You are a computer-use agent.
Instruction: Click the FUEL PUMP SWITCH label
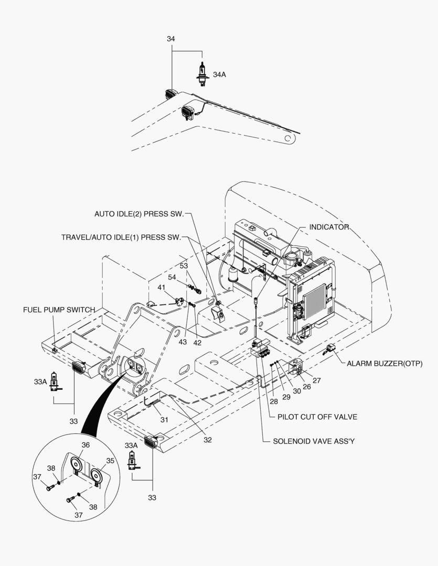[x=59, y=310]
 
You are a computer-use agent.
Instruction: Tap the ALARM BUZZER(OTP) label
[x=384, y=363]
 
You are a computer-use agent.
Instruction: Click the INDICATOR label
[x=329, y=227]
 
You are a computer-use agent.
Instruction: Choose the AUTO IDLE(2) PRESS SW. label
[x=139, y=214]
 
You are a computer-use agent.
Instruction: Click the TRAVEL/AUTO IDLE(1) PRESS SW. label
[x=121, y=237]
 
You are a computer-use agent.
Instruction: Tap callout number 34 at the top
[x=171, y=39]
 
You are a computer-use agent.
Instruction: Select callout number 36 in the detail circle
[x=86, y=445]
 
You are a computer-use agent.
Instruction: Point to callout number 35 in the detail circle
[x=110, y=461]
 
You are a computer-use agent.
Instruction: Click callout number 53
[x=184, y=266]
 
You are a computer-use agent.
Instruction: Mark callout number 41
[x=162, y=287]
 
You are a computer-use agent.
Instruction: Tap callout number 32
[x=208, y=440]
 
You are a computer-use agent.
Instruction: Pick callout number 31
[x=164, y=419]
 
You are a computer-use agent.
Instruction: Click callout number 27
[x=316, y=380]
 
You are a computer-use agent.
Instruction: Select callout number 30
[x=297, y=390]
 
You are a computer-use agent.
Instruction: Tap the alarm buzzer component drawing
[x=330, y=347]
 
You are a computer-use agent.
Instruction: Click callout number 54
[x=172, y=277]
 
